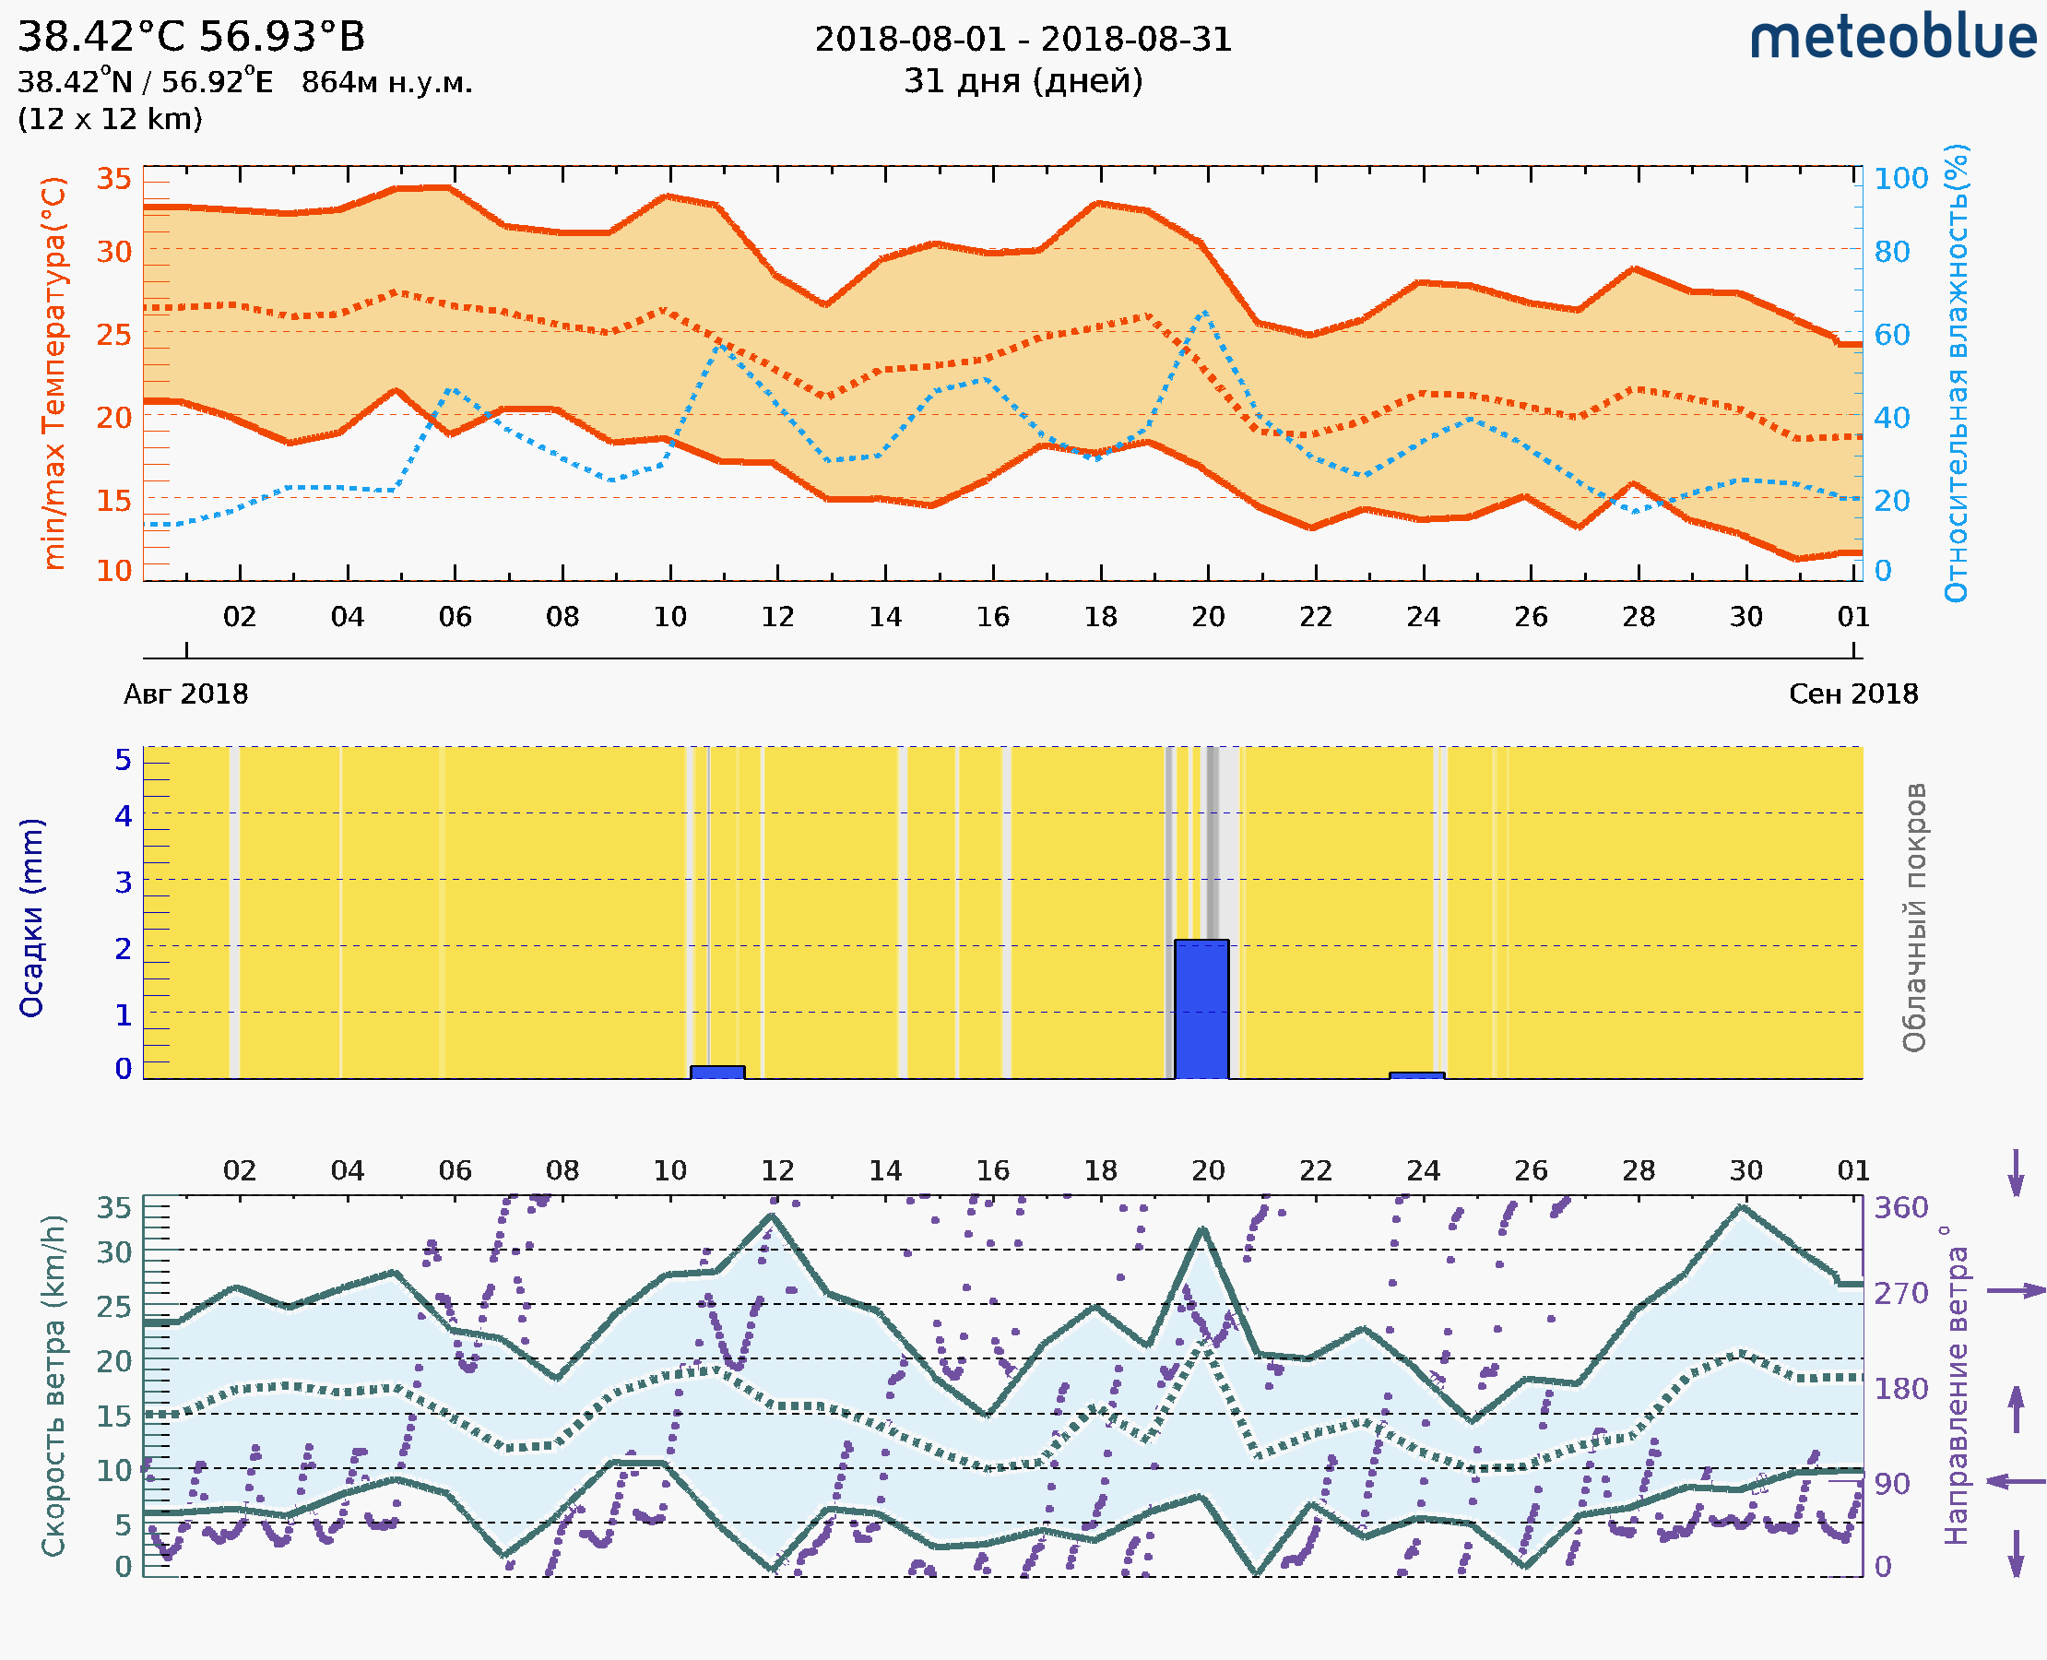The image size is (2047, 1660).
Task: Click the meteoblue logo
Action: (1892, 38)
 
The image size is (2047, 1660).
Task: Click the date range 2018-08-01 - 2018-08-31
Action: (1023, 40)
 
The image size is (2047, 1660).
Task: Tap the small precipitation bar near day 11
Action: (717, 1072)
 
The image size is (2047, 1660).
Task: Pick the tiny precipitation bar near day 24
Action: (1416, 1075)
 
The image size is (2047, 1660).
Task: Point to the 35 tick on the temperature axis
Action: (113, 179)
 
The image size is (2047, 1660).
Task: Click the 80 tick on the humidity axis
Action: (1891, 252)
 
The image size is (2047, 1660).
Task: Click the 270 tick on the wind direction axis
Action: (1900, 1293)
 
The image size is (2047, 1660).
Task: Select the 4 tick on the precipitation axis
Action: (124, 815)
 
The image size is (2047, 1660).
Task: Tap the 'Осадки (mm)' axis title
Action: (31, 918)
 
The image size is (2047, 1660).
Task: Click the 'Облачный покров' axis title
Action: (1913, 918)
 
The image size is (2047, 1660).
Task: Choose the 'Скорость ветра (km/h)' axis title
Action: (53, 1385)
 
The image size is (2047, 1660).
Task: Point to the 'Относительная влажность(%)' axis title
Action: (1956, 373)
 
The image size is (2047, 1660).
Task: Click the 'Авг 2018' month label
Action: (185, 694)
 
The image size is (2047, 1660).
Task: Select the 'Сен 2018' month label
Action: (1853, 694)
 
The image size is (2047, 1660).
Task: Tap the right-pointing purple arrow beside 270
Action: (2016, 1291)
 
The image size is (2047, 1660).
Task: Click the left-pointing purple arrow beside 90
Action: (2016, 1482)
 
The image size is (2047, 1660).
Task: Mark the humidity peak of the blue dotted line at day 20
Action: (1204, 313)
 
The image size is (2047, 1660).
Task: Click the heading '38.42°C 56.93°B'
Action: (191, 37)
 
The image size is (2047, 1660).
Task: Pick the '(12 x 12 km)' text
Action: (110, 120)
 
